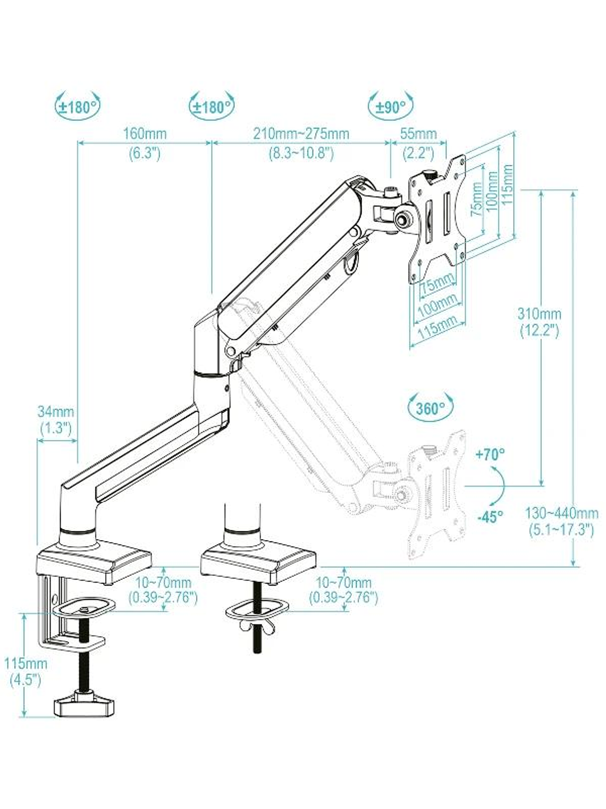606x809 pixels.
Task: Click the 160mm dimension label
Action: (145, 133)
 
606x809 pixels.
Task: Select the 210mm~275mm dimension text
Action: (301, 133)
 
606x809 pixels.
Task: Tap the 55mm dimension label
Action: (418, 133)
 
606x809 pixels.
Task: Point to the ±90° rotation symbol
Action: (391, 107)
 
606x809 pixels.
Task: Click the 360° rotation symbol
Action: (431, 409)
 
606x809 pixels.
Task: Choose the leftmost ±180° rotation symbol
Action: (78, 107)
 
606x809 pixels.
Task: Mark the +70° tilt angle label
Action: (490, 455)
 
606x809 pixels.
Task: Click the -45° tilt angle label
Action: (490, 517)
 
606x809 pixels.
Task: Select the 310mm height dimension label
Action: (539, 313)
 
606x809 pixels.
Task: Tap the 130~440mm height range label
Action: (561, 514)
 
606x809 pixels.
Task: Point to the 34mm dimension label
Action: (56, 411)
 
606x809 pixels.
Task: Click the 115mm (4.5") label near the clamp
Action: (26, 664)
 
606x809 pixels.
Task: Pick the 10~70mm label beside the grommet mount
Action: (343, 582)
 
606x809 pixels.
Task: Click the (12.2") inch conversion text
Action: (539, 331)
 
